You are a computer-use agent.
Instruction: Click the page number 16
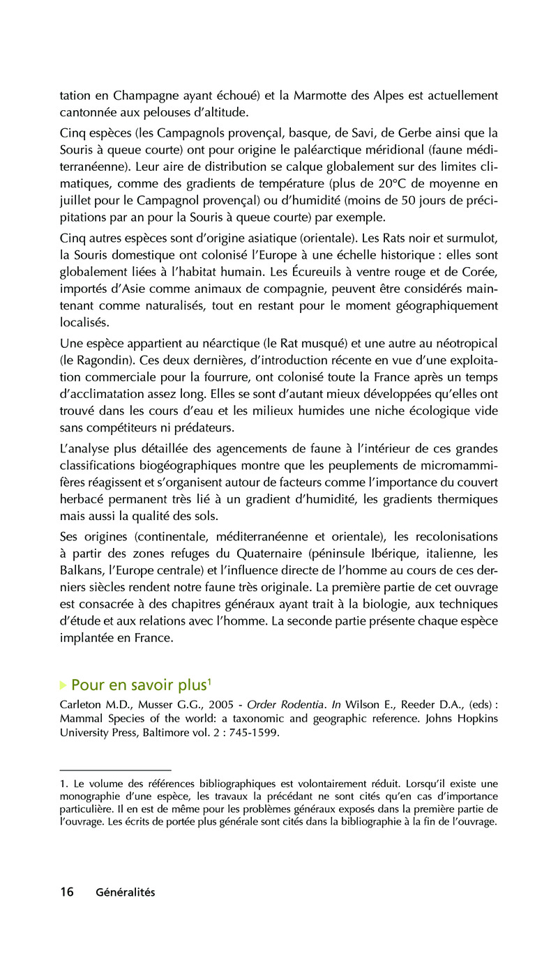click(67, 892)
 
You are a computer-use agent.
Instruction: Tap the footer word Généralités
click(126, 893)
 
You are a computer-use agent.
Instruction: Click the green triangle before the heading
click(63, 685)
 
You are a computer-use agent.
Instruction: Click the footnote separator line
click(115, 770)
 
